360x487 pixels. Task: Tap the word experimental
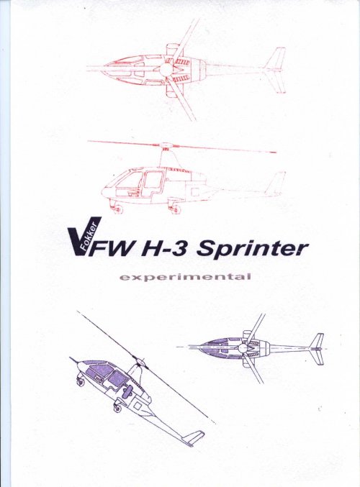pyautogui.click(x=185, y=277)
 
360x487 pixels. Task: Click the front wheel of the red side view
pyautogui.click(x=117, y=209)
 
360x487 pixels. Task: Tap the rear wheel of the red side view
pyautogui.click(x=176, y=209)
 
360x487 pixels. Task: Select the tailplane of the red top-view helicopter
pyautogui.click(x=276, y=70)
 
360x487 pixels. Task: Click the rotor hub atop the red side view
pyautogui.click(x=166, y=145)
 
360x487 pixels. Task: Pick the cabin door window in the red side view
pyautogui.click(x=153, y=180)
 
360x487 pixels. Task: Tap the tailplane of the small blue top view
pyautogui.click(x=317, y=349)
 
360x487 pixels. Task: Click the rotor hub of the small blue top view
pyautogui.click(x=243, y=348)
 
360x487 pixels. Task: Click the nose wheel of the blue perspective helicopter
pyautogui.click(x=80, y=381)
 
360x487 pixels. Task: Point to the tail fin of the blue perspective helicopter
pyautogui.click(x=194, y=438)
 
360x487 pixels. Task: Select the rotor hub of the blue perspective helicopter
pyautogui.click(x=140, y=363)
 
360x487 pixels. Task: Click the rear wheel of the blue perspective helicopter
pyautogui.click(x=117, y=407)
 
